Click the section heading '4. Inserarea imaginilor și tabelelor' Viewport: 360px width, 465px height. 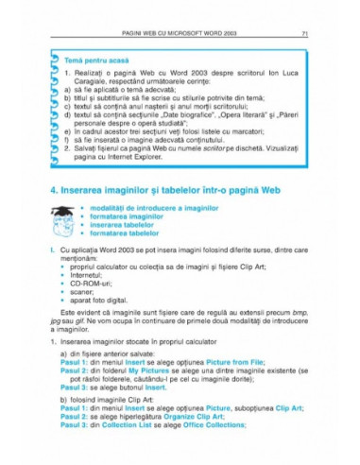pyautogui.click(x=170, y=216)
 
